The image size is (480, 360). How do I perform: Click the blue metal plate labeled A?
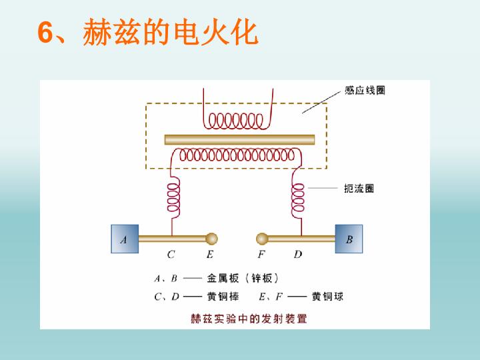pyautogui.click(x=125, y=239)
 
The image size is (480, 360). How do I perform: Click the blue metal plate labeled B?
pyautogui.click(x=349, y=239)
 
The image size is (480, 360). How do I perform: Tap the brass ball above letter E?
pyautogui.click(x=211, y=239)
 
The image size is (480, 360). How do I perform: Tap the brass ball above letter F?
pyautogui.click(x=262, y=239)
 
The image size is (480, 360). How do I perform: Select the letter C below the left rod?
pyautogui.click(x=171, y=255)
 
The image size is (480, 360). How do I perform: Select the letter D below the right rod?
pyautogui.click(x=298, y=255)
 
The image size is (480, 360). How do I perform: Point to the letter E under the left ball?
pyautogui.click(x=210, y=255)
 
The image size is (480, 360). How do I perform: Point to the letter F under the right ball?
pyautogui.click(x=261, y=255)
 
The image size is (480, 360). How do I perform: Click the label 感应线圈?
pyautogui.click(x=365, y=90)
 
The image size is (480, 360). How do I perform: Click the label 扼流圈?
pyautogui.click(x=359, y=188)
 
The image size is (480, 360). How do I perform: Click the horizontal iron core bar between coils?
pyautogui.click(x=240, y=139)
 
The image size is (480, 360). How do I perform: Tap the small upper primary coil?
pyautogui.click(x=236, y=121)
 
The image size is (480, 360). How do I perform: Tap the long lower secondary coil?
pyautogui.click(x=237, y=155)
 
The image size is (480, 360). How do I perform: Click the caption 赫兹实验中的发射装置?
pyautogui.click(x=249, y=319)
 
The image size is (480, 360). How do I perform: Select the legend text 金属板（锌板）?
pyautogui.click(x=243, y=278)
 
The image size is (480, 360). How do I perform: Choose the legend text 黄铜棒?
pyautogui.click(x=223, y=296)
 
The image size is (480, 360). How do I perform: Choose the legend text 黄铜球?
pyautogui.click(x=327, y=296)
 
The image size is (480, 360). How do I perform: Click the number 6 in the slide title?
pyautogui.click(x=45, y=33)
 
